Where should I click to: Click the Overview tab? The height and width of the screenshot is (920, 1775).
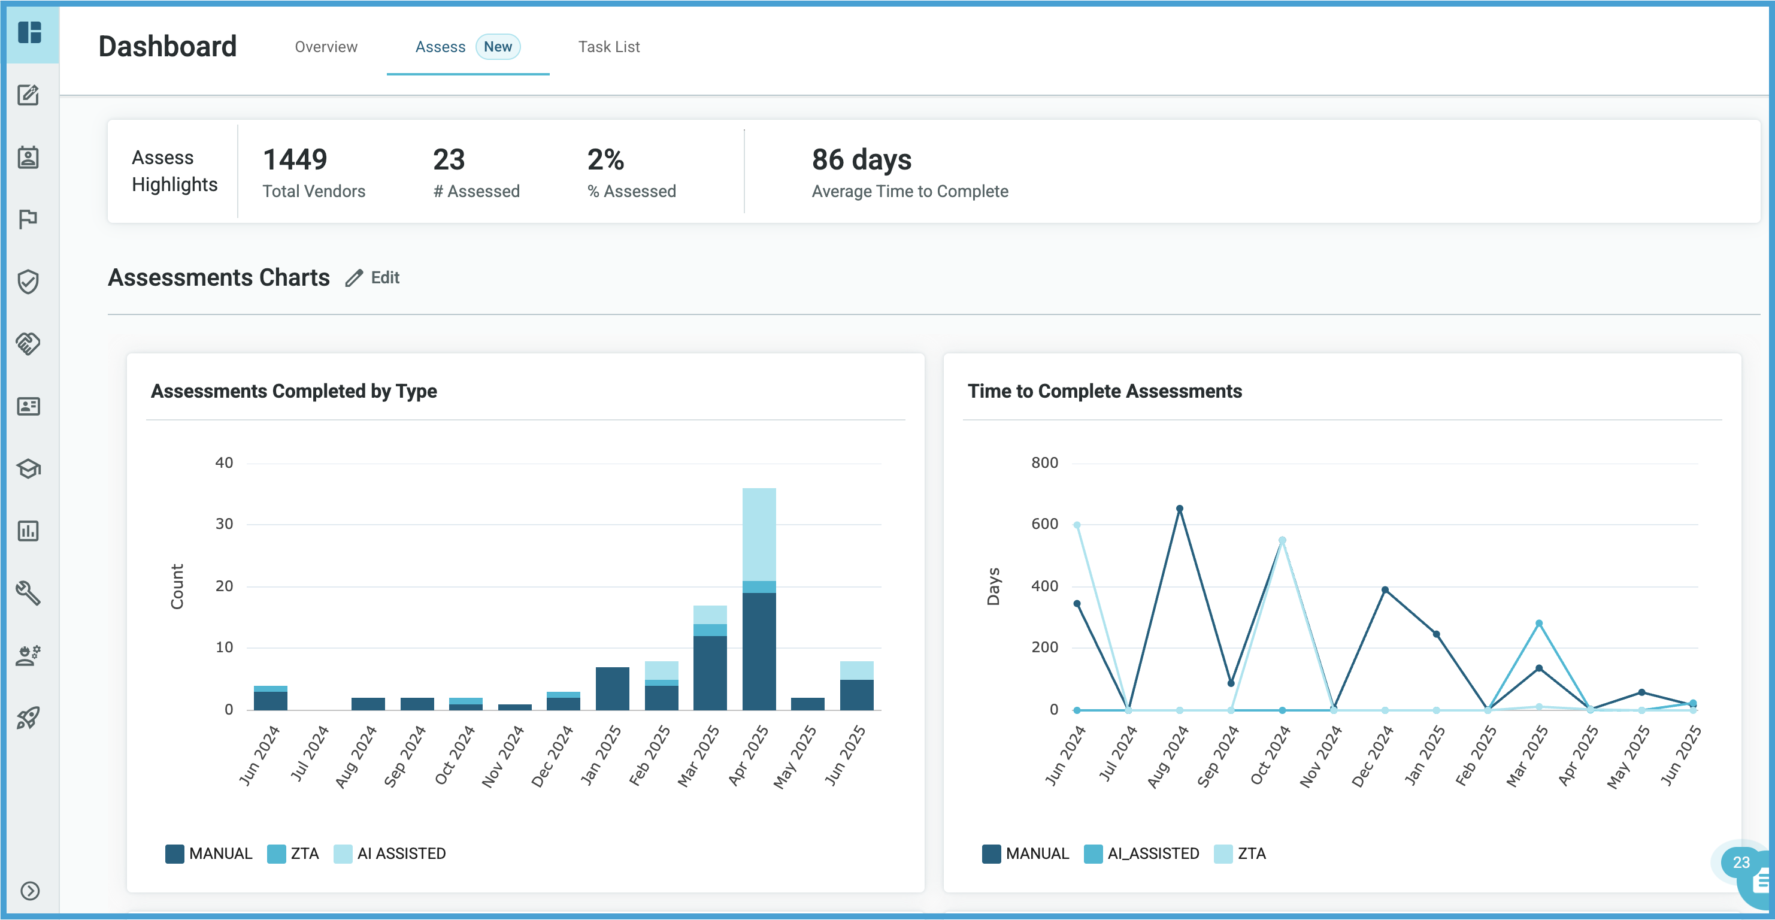(326, 47)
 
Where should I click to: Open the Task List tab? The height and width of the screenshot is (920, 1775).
(608, 47)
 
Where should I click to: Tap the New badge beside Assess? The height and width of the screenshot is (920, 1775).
(498, 47)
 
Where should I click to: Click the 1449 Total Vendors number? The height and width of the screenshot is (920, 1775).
(295, 160)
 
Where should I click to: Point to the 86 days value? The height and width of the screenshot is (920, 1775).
(861, 160)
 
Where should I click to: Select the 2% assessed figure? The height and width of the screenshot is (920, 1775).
(605, 160)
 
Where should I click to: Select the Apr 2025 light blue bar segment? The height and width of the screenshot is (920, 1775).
(759, 534)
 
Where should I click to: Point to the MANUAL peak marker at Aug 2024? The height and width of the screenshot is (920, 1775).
(1179, 509)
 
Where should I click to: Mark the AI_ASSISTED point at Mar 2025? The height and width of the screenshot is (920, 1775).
(1538, 623)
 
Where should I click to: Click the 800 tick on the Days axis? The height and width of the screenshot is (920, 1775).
(1044, 462)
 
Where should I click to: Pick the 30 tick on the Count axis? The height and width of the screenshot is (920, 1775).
(224, 523)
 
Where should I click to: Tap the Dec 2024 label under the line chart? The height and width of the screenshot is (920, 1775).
(1371, 756)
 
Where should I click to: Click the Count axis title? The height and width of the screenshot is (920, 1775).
(177, 586)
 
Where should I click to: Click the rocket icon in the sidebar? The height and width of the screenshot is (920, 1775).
(28, 718)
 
